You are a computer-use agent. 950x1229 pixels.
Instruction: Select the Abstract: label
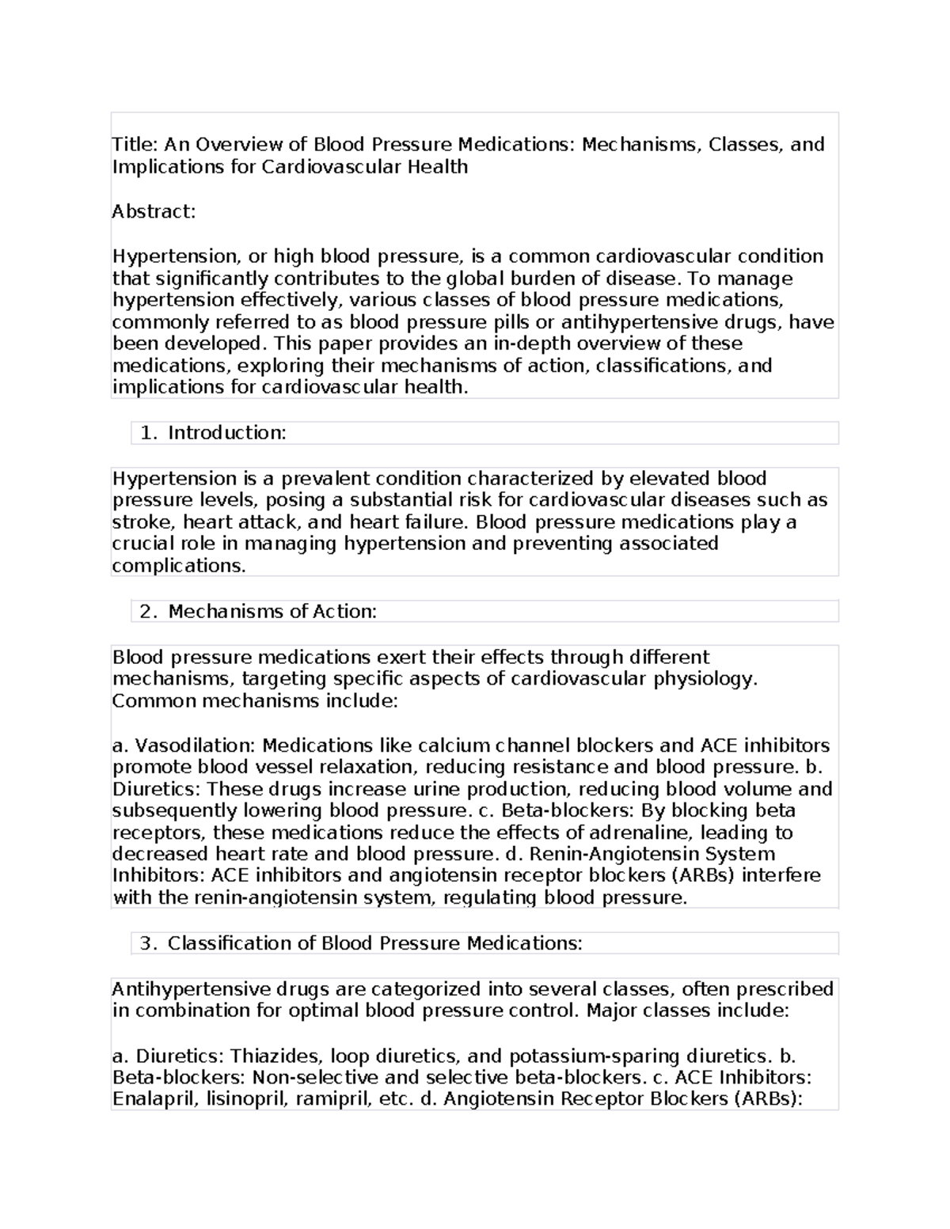154,211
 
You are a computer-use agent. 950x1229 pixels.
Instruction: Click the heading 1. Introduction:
212,432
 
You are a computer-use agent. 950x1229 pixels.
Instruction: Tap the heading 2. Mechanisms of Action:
258,611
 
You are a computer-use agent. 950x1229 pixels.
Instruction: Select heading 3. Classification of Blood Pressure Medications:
361,943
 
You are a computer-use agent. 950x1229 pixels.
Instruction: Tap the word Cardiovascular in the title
331,167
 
